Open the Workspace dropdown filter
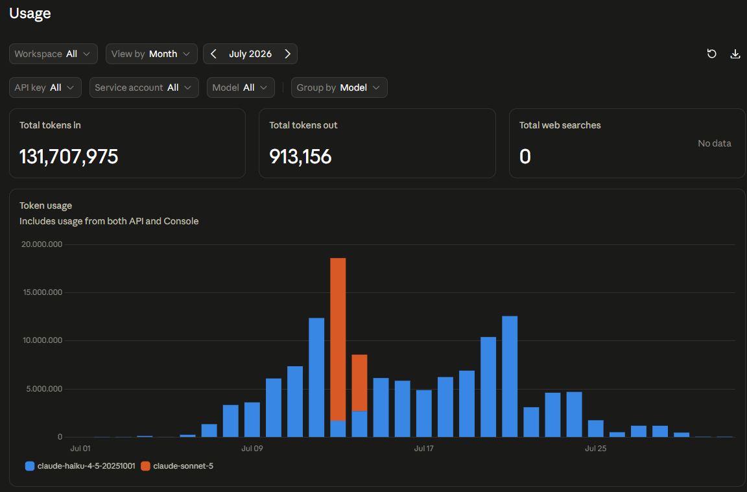pos(53,54)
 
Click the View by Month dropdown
pos(152,54)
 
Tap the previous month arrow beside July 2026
pos(213,54)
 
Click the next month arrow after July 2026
pos(287,54)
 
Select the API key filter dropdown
pos(45,88)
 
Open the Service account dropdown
pos(144,88)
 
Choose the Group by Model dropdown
pos(339,88)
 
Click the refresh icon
pos(712,54)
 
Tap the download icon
pos(735,54)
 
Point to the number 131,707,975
pos(69,157)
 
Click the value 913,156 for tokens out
pos(300,157)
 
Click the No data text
pos(714,143)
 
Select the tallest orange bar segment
pos(338,340)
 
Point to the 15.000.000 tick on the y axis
pos(42,292)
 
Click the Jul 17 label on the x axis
pos(423,448)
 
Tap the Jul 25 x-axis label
pos(595,448)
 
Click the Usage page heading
pos(30,14)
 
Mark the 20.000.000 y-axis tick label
pos(42,244)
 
